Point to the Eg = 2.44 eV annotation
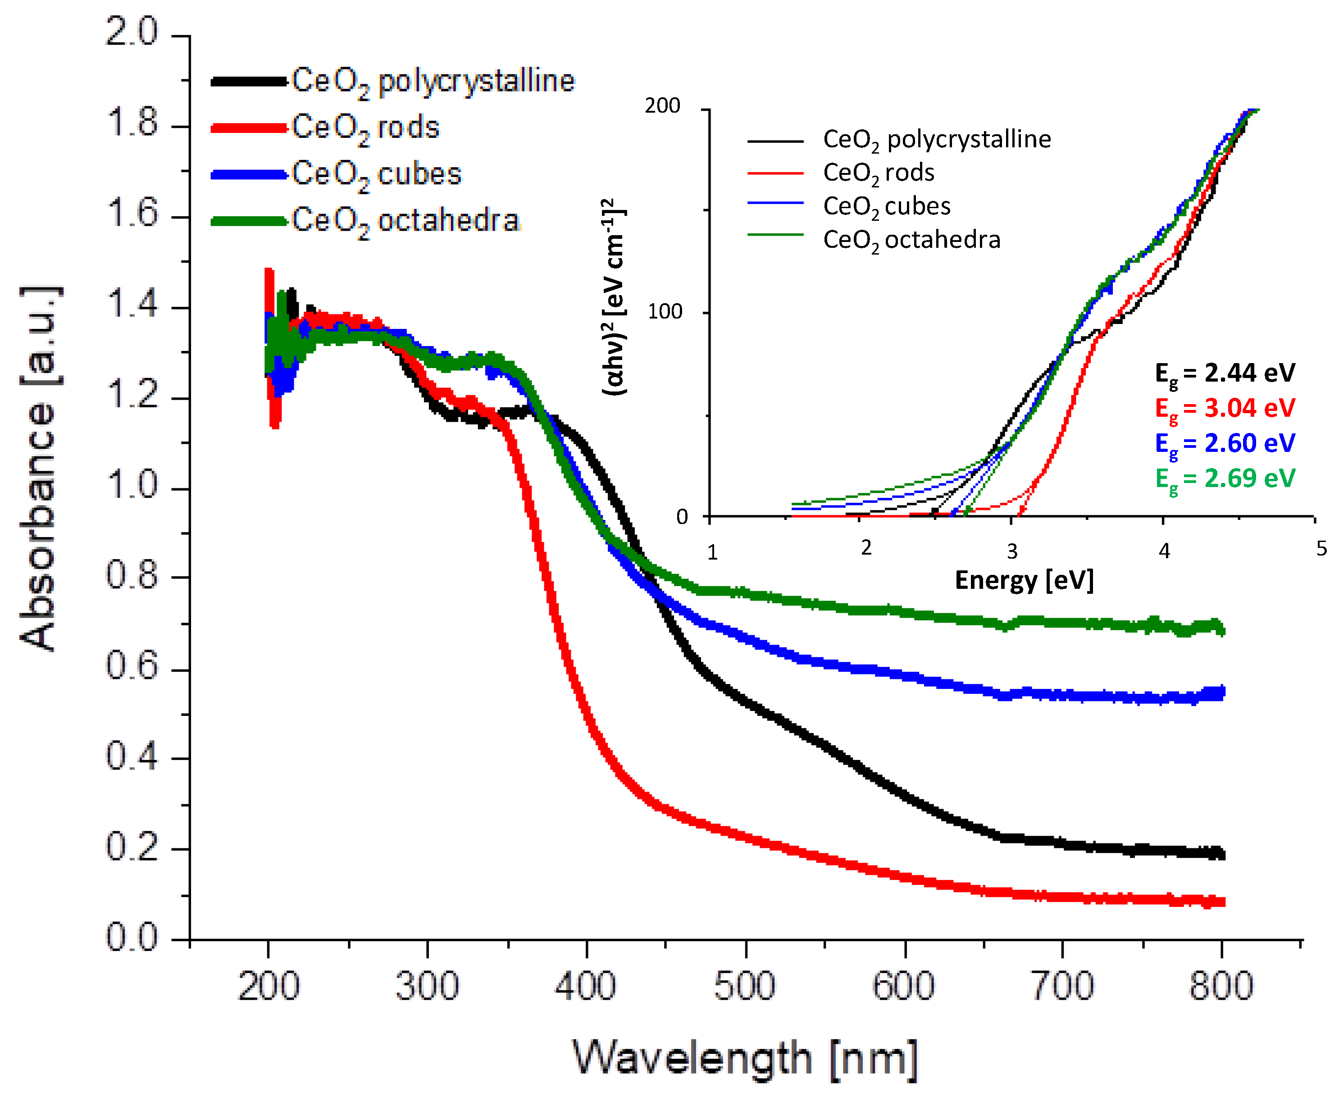[x=1225, y=373]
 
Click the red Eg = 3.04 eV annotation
[x=1225, y=408]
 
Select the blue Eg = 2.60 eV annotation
[x=1225, y=443]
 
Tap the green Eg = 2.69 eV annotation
[x=1225, y=478]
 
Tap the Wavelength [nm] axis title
[x=745, y=1058]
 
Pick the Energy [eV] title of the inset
[x=1024, y=580]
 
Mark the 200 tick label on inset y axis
[x=662, y=106]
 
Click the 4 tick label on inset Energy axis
[x=1164, y=551]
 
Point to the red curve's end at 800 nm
[x=1221, y=902]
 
